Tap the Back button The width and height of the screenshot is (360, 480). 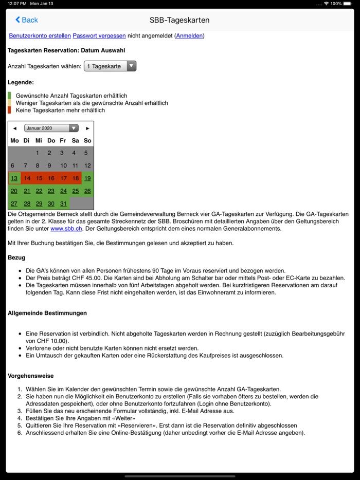pos(26,20)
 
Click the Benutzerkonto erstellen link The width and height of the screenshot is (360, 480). pos(40,35)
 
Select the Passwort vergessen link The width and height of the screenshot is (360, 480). pos(99,35)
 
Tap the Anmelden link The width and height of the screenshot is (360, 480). pos(190,35)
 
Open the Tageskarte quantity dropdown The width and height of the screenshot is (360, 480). pos(110,66)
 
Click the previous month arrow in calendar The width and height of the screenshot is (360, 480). pos(14,128)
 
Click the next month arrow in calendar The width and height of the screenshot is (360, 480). pos(87,128)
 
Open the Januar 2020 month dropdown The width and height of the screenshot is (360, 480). pos(51,128)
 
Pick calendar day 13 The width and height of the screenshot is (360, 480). pos(14,178)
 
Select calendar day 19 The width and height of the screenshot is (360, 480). pos(87,178)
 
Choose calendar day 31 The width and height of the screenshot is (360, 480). pos(63,204)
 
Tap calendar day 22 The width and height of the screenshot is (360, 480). pos(39,191)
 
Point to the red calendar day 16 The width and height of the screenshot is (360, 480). pos(51,178)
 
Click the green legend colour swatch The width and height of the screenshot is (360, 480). pos(9,96)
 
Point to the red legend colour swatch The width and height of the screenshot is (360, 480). pos(9,110)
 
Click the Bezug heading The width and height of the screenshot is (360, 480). pos(16,257)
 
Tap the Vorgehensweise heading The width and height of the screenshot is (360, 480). pos(30,376)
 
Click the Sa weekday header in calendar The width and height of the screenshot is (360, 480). pos(75,140)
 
